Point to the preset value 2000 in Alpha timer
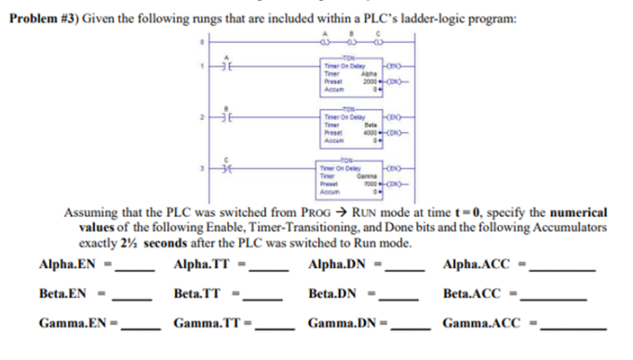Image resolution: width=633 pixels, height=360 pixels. [x=369, y=82]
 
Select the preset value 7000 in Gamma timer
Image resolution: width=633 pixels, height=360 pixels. [x=369, y=183]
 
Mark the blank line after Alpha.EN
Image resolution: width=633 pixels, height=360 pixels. [x=132, y=270]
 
